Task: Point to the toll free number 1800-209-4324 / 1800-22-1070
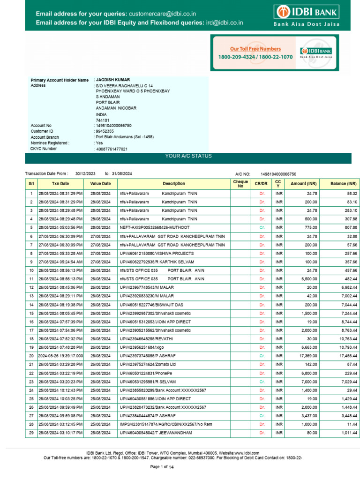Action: click(255, 57)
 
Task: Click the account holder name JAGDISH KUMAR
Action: click(113, 80)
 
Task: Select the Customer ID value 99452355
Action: click(105, 131)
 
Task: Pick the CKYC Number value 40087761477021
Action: click(112, 149)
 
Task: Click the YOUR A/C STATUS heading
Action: click(188, 156)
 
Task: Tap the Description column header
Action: click(174, 184)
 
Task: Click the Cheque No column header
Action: click(240, 184)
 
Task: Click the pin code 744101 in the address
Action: click(102, 120)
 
